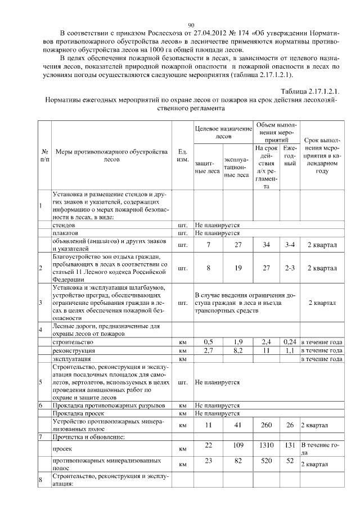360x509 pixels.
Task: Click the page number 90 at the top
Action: point(191,25)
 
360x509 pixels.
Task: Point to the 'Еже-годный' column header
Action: point(290,155)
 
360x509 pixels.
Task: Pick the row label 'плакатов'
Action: point(66,233)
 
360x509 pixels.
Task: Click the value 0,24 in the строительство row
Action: point(290,341)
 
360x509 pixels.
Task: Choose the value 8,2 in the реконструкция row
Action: point(238,350)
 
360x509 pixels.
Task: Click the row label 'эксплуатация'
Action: point(71,358)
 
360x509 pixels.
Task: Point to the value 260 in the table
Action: point(267,425)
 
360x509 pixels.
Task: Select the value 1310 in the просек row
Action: point(267,445)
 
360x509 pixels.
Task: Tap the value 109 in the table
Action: point(238,445)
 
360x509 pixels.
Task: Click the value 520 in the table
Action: point(267,460)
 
